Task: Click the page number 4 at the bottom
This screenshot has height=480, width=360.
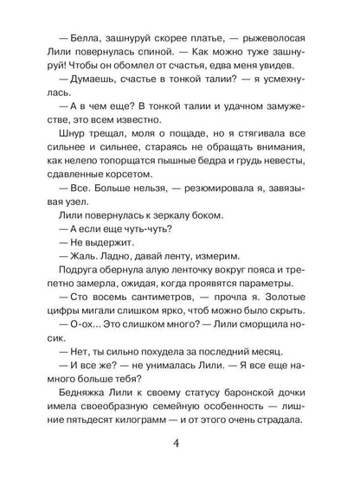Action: pyautogui.click(x=179, y=446)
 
